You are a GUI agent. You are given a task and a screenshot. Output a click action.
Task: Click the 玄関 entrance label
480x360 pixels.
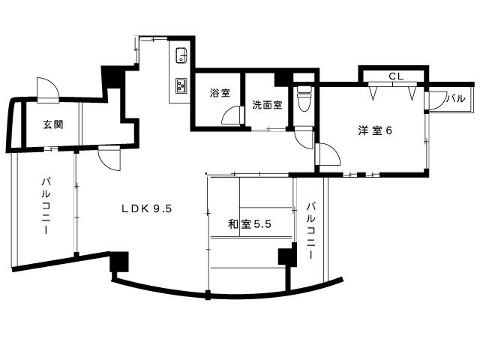53,124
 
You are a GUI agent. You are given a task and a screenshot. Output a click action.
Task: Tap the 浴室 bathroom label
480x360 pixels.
220,93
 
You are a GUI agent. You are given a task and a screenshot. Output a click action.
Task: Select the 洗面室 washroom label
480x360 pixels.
267,105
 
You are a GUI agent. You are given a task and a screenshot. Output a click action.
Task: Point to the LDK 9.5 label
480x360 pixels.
147,208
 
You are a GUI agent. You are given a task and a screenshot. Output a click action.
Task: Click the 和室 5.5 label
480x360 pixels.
250,224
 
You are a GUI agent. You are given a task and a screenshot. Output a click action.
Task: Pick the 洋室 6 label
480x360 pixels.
375,130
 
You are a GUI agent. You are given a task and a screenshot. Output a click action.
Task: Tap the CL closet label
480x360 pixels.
397,76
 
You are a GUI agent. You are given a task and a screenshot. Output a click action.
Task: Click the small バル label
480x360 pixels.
456,98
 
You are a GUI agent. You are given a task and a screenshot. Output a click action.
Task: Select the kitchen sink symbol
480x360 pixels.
181,55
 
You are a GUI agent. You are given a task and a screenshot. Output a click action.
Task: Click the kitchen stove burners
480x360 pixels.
181,85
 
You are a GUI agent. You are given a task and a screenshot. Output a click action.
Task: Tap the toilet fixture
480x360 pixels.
304,98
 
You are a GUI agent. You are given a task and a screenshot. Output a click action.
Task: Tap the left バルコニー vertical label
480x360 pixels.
46,205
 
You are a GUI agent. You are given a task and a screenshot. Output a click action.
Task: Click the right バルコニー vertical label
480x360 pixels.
310,231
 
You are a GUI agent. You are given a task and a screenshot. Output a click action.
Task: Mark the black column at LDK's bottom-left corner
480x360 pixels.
119,262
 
